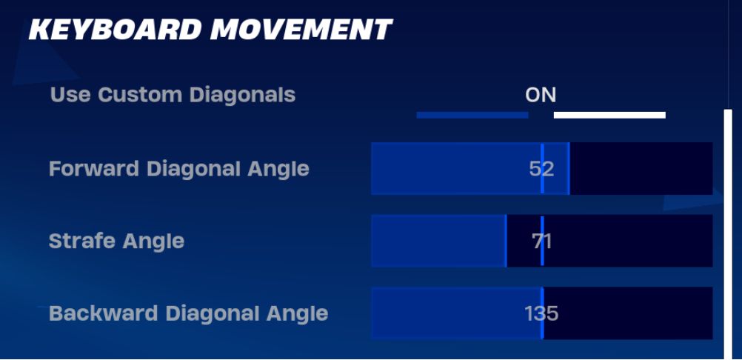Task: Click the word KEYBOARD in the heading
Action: coord(116,30)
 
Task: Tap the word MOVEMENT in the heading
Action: coord(301,30)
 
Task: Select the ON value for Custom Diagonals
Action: coord(541,95)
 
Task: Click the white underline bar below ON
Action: coord(609,115)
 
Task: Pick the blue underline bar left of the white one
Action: coord(472,115)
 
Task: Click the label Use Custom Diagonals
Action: coord(173,95)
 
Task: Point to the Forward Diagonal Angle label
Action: coord(179,169)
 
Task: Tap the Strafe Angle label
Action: coord(116,241)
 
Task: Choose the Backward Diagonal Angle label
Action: coord(189,313)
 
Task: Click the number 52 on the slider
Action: coord(541,169)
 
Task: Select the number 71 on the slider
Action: coord(541,241)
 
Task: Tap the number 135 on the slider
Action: coord(541,313)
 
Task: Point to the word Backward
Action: coord(104,313)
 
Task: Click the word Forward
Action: coord(94,169)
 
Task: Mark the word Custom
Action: coord(140,95)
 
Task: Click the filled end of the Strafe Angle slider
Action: coord(506,241)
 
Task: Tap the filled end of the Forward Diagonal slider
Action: coord(569,168)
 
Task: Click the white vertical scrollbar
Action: coord(728,234)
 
